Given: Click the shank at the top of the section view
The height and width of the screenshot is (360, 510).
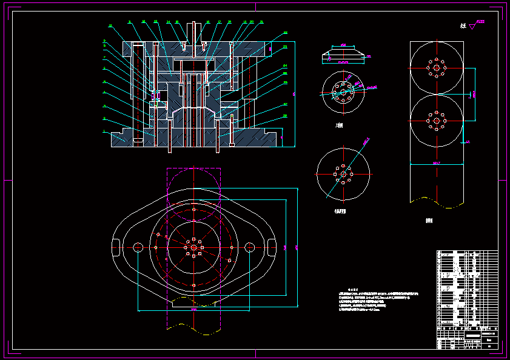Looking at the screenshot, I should click(x=193, y=30).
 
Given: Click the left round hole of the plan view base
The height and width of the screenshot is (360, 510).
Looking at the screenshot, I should click(x=138, y=247).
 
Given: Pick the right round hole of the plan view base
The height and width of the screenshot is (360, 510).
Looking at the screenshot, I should click(x=249, y=247).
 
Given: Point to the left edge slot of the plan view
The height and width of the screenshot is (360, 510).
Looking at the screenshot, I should click(x=115, y=247).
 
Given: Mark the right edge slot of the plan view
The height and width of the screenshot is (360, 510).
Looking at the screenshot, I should click(x=270, y=247).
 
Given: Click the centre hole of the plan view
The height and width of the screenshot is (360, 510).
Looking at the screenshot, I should click(x=193, y=247).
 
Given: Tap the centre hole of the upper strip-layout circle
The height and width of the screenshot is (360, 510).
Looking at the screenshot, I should click(x=436, y=67).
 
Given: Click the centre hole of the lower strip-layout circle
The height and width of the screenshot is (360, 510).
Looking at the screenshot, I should click(x=436, y=121).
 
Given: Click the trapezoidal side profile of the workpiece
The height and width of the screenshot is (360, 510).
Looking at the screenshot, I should click(x=343, y=55).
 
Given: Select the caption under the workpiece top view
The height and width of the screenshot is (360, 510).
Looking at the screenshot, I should click(x=339, y=125).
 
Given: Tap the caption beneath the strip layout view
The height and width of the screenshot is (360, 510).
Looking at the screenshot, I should click(x=430, y=221).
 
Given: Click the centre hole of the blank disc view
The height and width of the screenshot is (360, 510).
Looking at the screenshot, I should click(x=343, y=175).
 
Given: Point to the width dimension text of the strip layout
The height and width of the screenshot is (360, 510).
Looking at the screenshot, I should click(x=436, y=164).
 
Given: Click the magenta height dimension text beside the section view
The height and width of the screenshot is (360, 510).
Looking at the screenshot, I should click(x=294, y=94).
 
